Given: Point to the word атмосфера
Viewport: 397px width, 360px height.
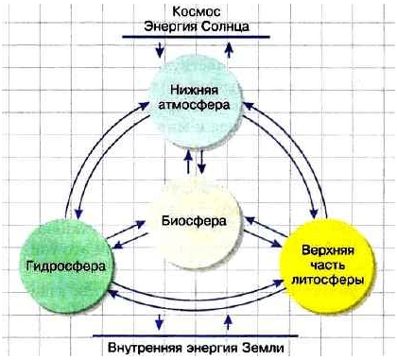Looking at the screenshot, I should point(196,105).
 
